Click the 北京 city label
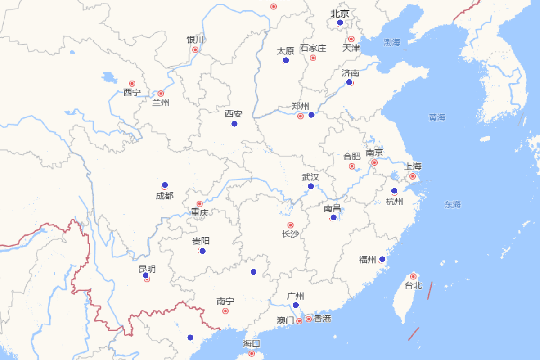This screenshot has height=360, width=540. (x=340, y=14)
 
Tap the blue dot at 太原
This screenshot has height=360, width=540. (x=286, y=60)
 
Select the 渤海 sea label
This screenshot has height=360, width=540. (x=392, y=43)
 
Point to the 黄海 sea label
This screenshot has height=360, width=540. (x=437, y=118)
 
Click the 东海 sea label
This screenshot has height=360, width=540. (x=453, y=205)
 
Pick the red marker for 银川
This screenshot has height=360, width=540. (x=195, y=49)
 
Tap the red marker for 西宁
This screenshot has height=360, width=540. (x=132, y=83)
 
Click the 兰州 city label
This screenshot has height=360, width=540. (x=161, y=103)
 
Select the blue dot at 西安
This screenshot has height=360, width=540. (x=234, y=124)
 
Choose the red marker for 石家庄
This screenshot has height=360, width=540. (x=313, y=58)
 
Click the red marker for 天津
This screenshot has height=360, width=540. (x=351, y=39)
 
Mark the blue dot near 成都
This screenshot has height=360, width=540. (x=165, y=185)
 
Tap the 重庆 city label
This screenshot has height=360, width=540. (x=199, y=213)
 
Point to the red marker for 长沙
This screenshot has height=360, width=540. (x=290, y=225)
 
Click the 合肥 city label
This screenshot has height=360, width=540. (x=352, y=157)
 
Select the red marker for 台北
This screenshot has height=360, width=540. (x=413, y=276)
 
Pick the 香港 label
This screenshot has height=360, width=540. (x=322, y=319)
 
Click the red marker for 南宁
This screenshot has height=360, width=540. (x=225, y=311)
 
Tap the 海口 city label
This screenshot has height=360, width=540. (x=252, y=344)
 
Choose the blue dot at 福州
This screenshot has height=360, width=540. (x=382, y=259)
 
